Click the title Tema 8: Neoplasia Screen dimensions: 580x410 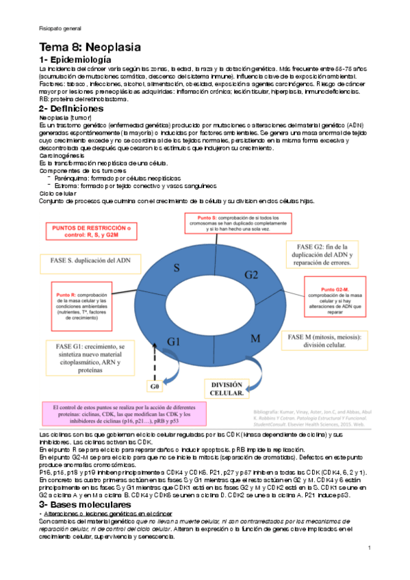(90, 47)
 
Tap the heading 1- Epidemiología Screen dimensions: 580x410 (80, 61)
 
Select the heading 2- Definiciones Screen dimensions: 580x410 (71, 108)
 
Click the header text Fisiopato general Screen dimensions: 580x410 (60, 28)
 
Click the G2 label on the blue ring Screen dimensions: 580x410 (251, 274)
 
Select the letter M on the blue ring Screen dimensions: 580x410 (254, 339)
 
